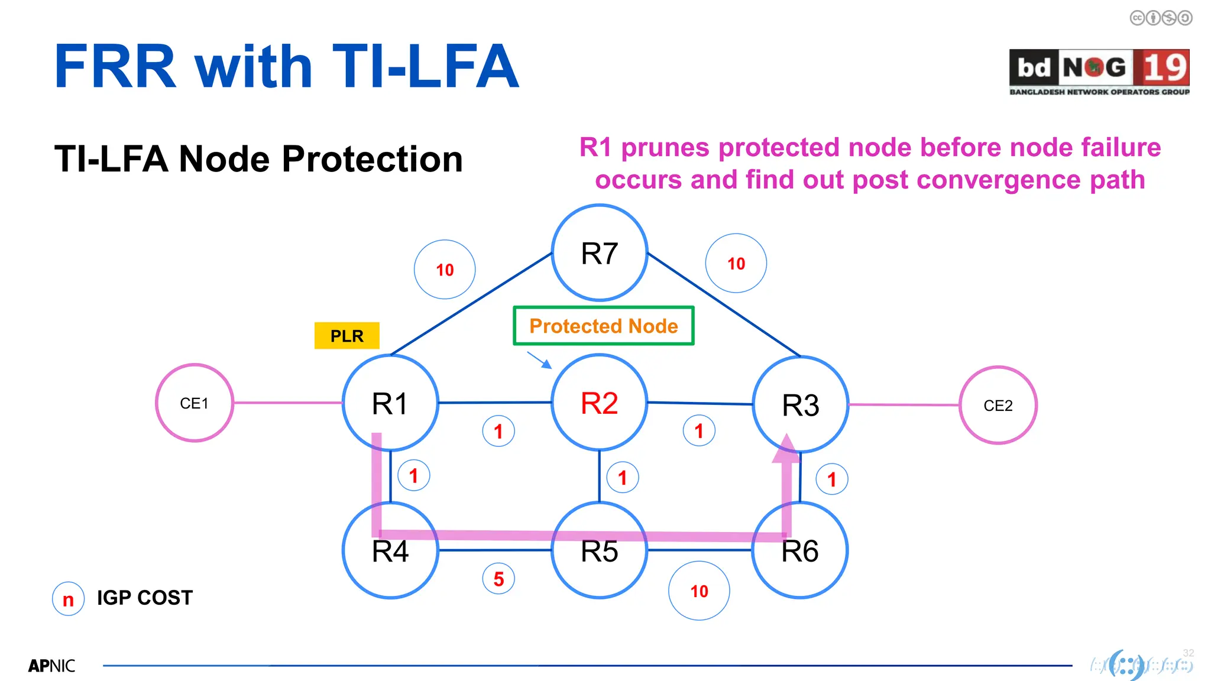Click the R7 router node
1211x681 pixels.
click(600, 253)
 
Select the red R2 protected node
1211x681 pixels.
click(600, 403)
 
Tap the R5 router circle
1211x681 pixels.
click(600, 551)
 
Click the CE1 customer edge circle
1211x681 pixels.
click(195, 403)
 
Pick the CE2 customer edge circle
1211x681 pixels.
click(998, 406)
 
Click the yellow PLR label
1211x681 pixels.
click(347, 336)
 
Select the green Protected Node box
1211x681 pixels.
click(603, 326)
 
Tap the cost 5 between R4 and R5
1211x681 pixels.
click(498, 579)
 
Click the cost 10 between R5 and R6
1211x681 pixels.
click(699, 591)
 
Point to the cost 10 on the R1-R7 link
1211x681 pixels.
click(445, 270)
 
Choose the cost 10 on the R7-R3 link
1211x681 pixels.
click(736, 263)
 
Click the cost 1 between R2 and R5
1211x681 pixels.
click(623, 478)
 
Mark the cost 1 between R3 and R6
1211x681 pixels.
click(832, 479)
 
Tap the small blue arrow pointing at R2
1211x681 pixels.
click(539, 360)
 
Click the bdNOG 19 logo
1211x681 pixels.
click(1099, 72)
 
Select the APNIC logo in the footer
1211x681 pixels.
click(51, 666)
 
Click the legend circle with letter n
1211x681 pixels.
click(68, 599)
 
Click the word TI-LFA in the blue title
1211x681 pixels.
click(426, 67)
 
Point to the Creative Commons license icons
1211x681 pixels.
click(1161, 18)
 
